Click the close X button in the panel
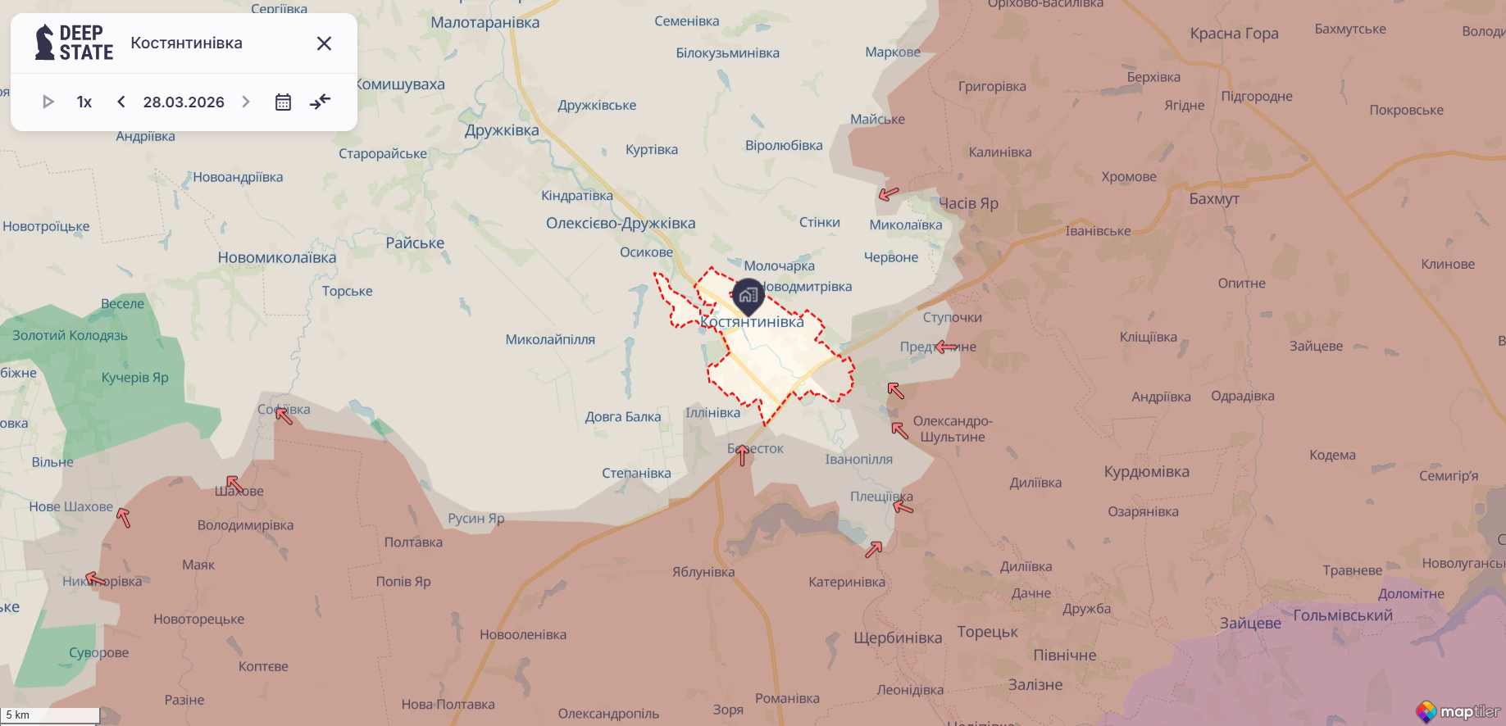click(324, 43)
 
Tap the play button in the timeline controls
click(48, 102)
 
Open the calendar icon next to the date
click(283, 102)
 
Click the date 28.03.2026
click(184, 102)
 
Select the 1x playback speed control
click(84, 102)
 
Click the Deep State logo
click(74, 43)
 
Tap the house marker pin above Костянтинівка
click(748, 295)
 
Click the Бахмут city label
click(1214, 198)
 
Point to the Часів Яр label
click(968, 203)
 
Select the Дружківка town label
click(502, 130)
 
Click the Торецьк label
click(987, 632)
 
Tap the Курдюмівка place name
click(1146, 472)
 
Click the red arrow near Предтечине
click(946, 347)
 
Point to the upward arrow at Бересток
click(742, 455)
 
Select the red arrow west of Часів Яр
click(889, 194)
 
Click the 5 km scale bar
click(50, 715)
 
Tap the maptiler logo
click(1458, 711)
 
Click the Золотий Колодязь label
click(70, 335)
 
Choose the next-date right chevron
click(245, 102)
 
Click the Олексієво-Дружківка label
click(621, 223)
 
